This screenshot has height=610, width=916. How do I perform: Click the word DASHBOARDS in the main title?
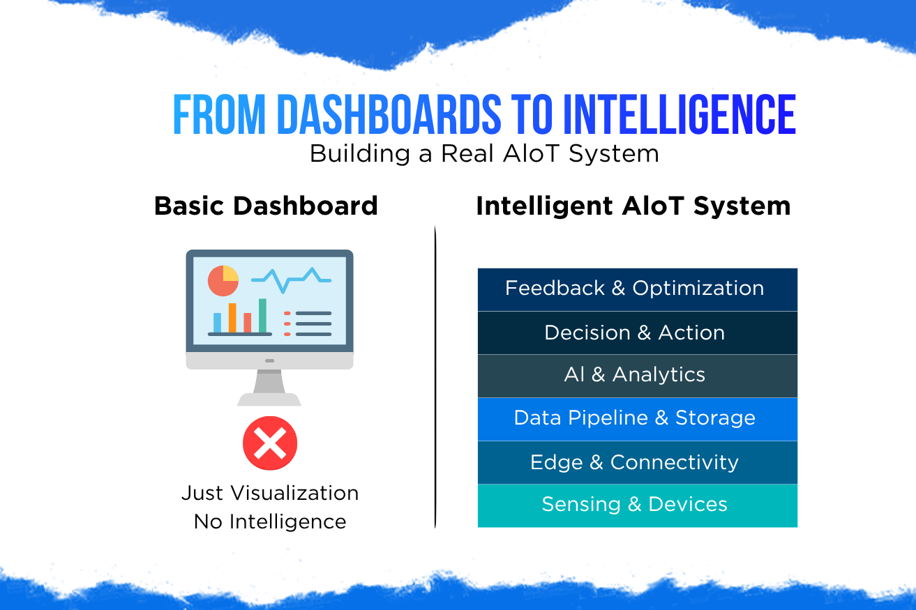[x=389, y=114]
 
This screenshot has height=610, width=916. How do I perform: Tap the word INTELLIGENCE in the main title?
[x=680, y=114]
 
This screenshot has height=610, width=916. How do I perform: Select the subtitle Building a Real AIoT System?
[x=484, y=154]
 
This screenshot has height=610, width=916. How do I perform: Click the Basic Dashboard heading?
[x=266, y=206]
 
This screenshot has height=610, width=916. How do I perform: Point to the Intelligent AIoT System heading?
[x=633, y=206]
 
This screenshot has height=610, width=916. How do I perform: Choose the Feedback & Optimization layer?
[x=638, y=289]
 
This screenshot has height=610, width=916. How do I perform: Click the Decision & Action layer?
[x=638, y=333]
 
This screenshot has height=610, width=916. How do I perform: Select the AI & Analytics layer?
[x=638, y=376]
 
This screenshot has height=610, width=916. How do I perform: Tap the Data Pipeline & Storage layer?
[x=638, y=419]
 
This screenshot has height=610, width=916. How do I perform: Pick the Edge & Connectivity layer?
[x=638, y=462]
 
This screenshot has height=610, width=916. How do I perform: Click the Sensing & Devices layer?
[x=638, y=506]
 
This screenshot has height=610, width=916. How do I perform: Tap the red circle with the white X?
[x=270, y=443]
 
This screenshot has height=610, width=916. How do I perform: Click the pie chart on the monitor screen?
[x=223, y=281]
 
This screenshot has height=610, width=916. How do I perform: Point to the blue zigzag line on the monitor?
[x=291, y=280]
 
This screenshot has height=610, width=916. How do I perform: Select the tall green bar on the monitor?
[x=262, y=315]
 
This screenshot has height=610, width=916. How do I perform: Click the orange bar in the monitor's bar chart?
[x=232, y=318]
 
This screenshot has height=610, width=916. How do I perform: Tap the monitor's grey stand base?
[x=269, y=399]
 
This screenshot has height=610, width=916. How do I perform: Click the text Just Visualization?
[x=270, y=493]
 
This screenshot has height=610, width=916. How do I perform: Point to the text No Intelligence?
[x=270, y=521]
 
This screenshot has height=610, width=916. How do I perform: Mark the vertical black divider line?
[x=435, y=376]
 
